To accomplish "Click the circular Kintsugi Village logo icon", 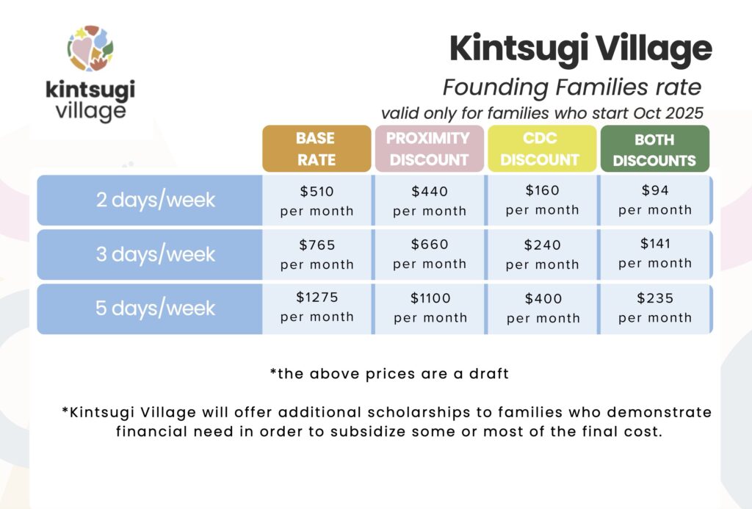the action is coord(90,48).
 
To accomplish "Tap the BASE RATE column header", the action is coord(317,148).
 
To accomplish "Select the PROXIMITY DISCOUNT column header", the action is coord(429,148).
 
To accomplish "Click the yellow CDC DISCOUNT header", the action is coord(542,148).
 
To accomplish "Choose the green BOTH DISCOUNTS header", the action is coord(654,148).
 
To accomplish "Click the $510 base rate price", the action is coord(317,192).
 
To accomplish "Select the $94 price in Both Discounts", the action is coord(655,190).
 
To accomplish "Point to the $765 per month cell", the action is coord(317,254).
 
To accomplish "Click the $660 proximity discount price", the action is coord(430,245).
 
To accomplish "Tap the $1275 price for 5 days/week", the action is coord(317,297).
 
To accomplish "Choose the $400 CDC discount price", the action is coord(543,299).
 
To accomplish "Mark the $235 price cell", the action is coord(655,308).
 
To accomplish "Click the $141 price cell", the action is coord(655,254).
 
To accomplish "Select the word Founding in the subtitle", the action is coord(496,88).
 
